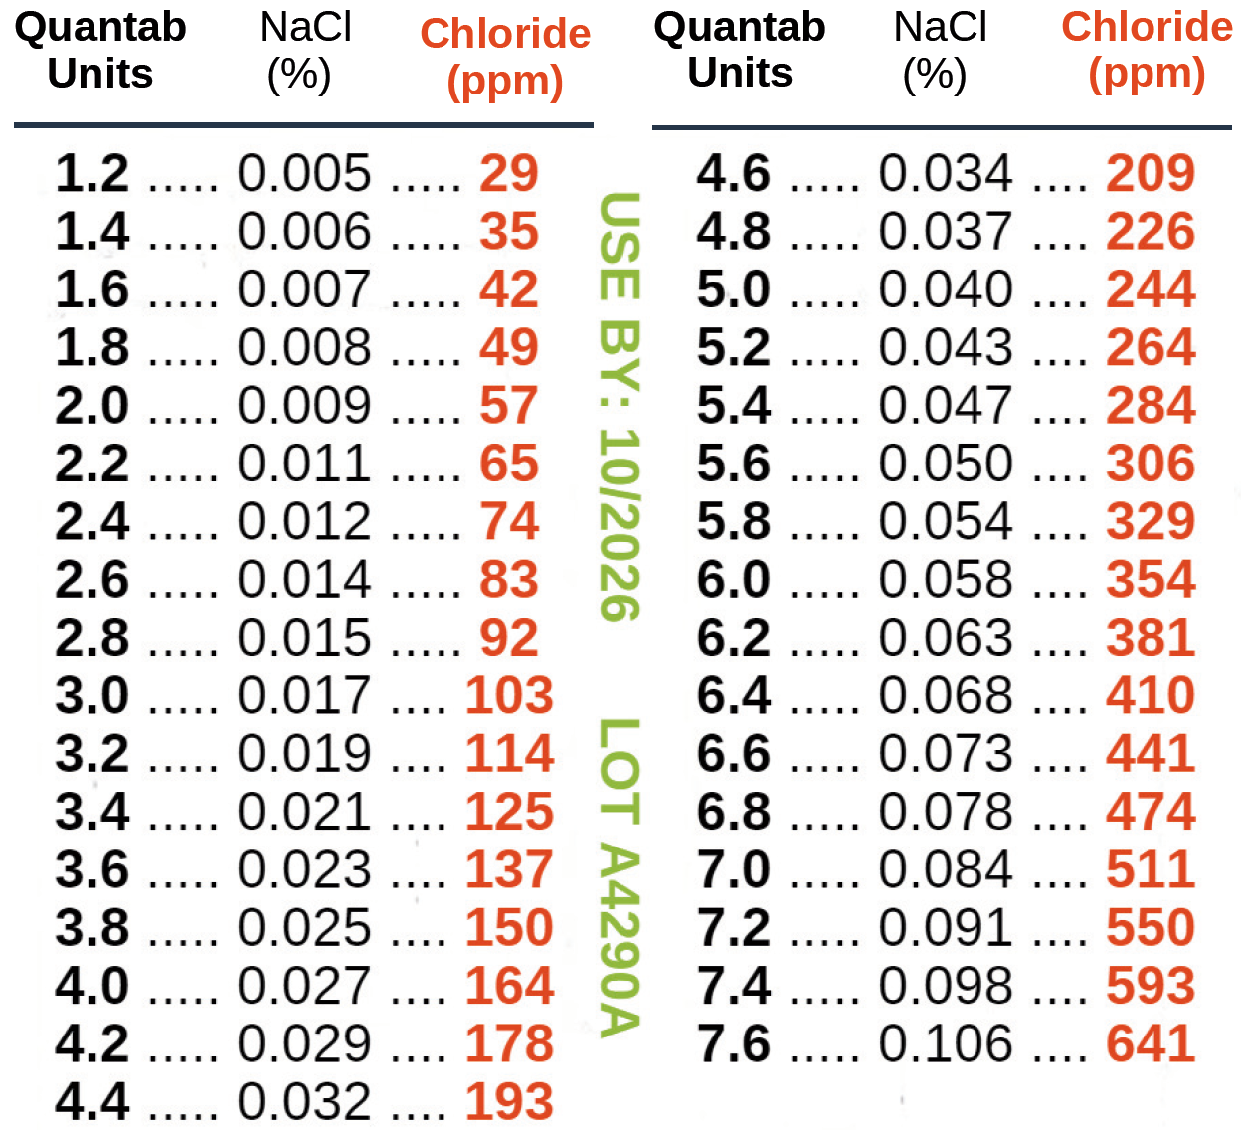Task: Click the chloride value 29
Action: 508,174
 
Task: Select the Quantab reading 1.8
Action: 91,348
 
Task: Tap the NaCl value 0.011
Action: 303,464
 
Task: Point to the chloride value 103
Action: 508,696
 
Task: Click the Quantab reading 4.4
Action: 91,1102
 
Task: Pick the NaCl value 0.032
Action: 303,1102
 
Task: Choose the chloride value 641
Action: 1150,1044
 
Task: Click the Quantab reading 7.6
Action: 733,1044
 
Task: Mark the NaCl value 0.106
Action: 945,1044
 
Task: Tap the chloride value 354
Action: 1150,580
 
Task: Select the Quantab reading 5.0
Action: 733,289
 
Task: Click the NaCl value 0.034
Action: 945,174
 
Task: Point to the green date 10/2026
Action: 619,525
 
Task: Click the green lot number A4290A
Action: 619,940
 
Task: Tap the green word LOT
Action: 619,771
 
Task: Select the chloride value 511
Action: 1150,870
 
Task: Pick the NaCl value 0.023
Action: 303,870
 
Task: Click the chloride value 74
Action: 508,522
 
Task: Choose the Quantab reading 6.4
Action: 733,696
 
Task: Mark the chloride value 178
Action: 508,1044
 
